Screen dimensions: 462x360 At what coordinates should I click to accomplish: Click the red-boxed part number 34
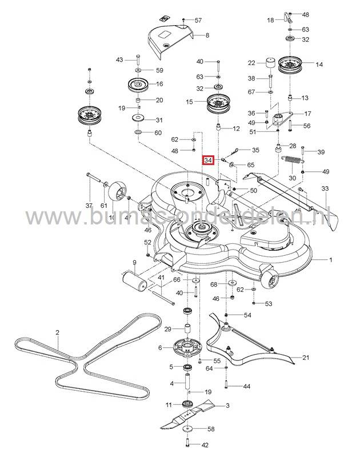pos(209,161)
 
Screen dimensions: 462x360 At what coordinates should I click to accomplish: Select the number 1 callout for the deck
pos(345,259)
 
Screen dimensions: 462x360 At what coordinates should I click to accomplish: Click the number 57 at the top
pos(198,20)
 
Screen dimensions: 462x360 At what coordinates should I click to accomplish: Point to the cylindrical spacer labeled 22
pos(269,63)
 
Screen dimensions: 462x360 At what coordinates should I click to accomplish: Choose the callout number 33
pos(325,188)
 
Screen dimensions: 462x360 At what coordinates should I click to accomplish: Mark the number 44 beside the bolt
pos(246,387)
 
